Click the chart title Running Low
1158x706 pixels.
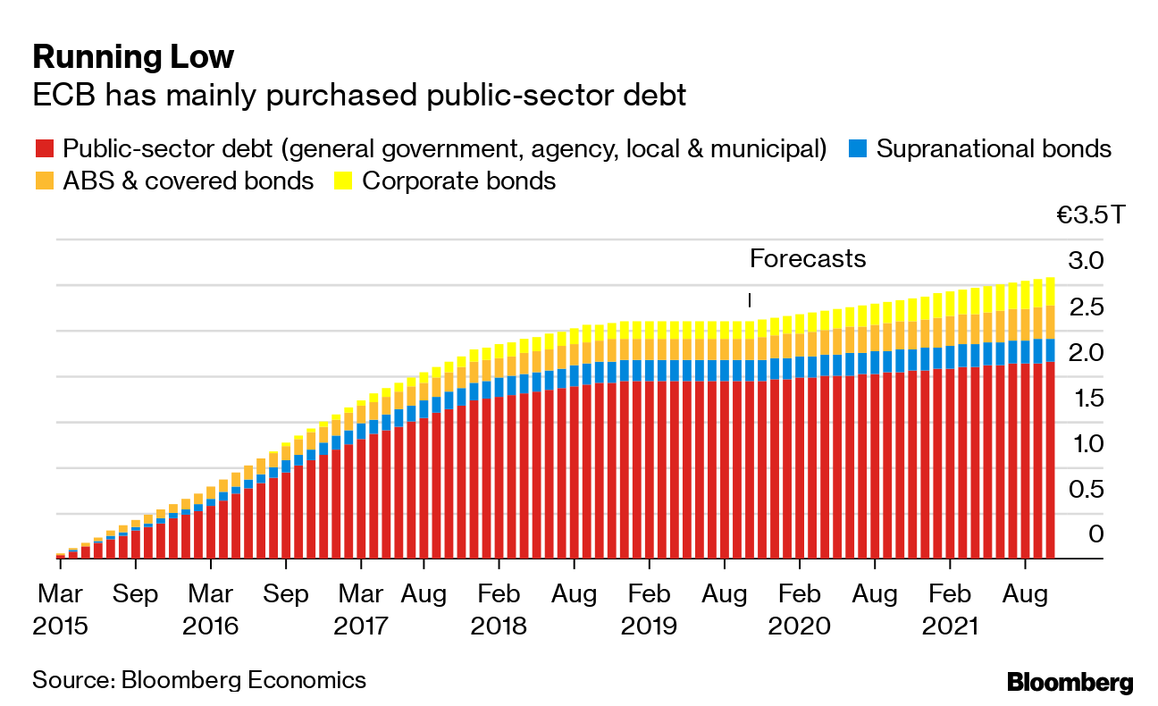[x=133, y=57]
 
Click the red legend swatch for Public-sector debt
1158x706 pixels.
[x=44, y=148]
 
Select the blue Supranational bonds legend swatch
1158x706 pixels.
[x=858, y=148]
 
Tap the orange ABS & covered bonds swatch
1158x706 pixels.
[x=44, y=181]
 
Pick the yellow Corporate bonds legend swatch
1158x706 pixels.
[x=342, y=181]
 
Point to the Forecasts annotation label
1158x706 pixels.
[x=808, y=259]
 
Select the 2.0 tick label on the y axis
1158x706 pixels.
[x=1086, y=352]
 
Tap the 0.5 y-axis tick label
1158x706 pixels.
[x=1086, y=489]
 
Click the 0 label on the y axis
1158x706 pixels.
[x=1095, y=534]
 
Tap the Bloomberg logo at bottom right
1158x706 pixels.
[x=1070, y=683]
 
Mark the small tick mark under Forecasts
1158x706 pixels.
[x=750, y=299]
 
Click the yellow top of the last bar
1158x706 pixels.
[x=1050, y=291]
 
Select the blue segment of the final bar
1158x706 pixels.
[x=1050, y=350]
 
